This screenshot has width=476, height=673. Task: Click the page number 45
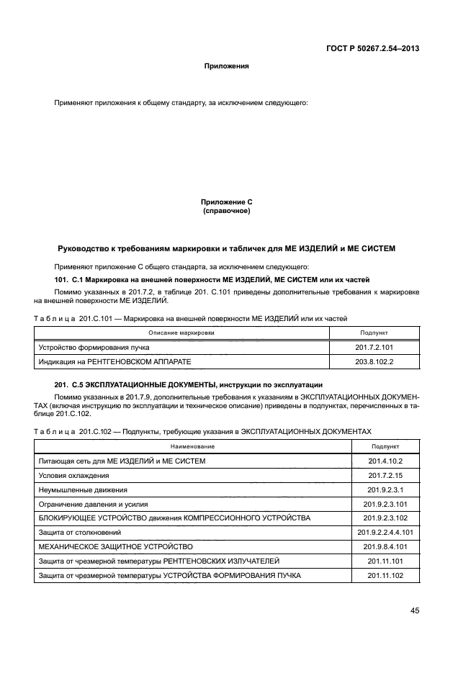coord(415,610)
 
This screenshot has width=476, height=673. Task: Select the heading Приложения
coord(226,66)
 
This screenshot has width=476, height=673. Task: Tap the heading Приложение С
coord(226,203)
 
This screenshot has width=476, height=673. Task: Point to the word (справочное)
coord(226,212)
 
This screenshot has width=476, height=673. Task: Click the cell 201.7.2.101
coord(374,347)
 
